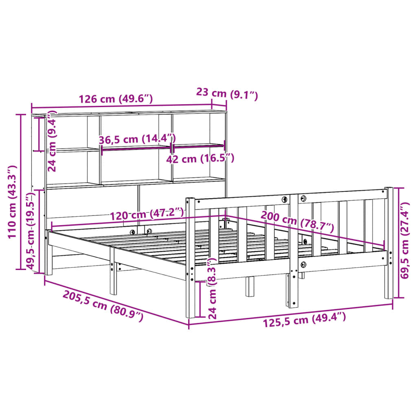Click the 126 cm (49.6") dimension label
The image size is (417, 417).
(116, 99)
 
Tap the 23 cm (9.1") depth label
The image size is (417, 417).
(227, 94)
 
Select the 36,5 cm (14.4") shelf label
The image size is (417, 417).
(137, 139)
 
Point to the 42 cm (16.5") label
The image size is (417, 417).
(200, 158)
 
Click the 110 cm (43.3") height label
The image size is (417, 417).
(12, 202)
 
